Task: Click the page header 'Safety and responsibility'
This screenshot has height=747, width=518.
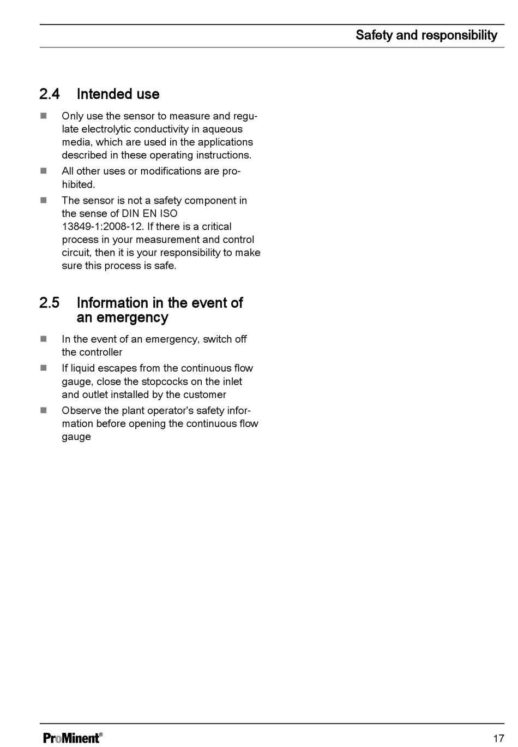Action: [426, 35]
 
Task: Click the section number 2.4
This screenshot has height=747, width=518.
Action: [50, 94]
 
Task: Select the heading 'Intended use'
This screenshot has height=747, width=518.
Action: [118, 94]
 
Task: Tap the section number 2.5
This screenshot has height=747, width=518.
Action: [50, 303]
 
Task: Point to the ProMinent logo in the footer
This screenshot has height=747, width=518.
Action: [73, 738]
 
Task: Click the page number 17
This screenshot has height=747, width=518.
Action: [498, 738]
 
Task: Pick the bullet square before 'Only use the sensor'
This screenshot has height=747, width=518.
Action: [44, 116]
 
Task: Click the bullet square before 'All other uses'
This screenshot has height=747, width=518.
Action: [44, 171]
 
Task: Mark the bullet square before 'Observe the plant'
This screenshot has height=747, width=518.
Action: [44, 410]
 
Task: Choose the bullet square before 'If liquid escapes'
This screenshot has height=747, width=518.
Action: [44, 368]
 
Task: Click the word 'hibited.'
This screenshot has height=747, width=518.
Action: [79, 184]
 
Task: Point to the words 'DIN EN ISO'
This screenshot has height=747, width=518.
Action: [149, 213]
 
